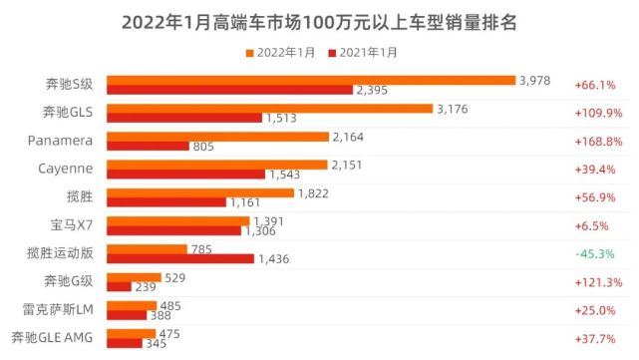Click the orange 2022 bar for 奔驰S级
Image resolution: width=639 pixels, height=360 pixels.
[x=309, y=80]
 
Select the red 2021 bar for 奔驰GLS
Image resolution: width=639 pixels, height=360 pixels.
[x=184, y=118]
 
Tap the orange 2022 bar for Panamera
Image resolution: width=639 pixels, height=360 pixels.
[x=217, y=136]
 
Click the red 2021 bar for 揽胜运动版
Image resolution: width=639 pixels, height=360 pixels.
[x=180, y=258]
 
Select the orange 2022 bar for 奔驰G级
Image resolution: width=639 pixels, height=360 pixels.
[x=134, y=276]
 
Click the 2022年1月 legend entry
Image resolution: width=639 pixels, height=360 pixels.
[x=279, y=51]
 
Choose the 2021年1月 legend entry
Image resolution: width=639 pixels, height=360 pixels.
[x=364, y=51]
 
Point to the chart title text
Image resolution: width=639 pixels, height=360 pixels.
[x=319, y=20]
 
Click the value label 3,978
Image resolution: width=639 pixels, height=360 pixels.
[x=534, y=79]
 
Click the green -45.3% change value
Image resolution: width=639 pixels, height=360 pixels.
[x=595, y=253]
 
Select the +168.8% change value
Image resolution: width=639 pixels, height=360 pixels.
[x=595, y=141]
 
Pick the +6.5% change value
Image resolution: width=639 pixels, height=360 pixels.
[x=595, y=225]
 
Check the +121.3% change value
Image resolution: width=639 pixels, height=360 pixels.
[x=595, y=282]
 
